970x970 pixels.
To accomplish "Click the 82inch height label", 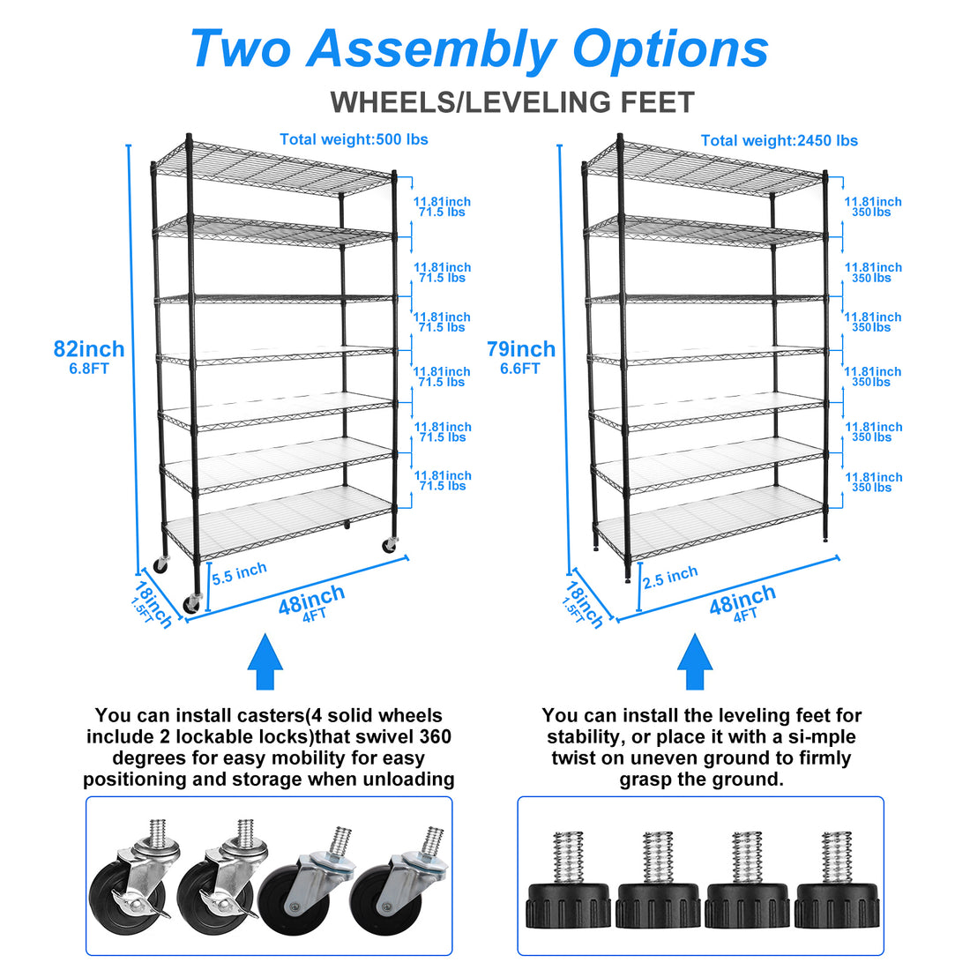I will (x=89, y=349).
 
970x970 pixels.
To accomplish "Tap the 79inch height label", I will (x=521, y=349).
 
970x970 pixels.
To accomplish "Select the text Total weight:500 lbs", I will (x=354, y=139).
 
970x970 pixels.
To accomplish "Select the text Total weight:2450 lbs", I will (x=779, y=140).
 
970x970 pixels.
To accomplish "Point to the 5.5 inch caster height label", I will (x=239, y=572).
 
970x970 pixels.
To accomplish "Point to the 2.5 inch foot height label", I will (x=670, y=578).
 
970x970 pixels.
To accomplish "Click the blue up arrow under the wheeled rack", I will (x=265, y=661).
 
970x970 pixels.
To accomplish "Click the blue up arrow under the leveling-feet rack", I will (x=695, y=661).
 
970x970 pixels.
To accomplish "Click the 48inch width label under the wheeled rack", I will (x=311, y=601).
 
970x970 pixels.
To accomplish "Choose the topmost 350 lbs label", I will (x=872, y=213).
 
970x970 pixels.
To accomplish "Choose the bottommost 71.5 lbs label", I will (x=442, y=486).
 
